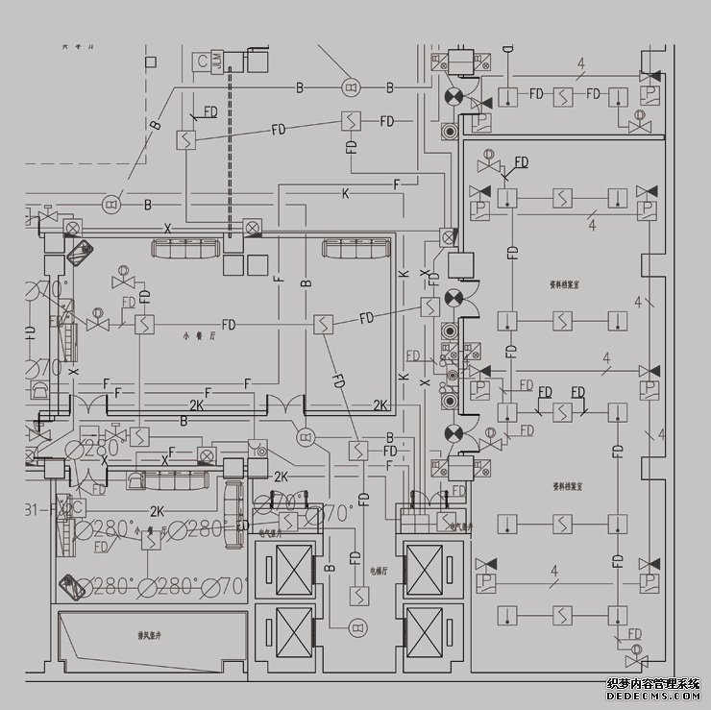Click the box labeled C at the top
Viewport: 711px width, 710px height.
(202, 61)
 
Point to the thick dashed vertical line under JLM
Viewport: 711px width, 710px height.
(229, 154)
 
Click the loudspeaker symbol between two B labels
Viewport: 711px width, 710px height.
(349, 88)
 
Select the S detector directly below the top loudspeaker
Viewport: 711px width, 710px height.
(351, 120)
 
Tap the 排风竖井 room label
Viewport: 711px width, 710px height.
(147, 635)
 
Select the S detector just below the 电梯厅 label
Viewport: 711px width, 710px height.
(357, 596)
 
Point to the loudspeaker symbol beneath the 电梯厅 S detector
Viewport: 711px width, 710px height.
(357, 628)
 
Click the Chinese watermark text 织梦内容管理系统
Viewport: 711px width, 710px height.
(654, 683)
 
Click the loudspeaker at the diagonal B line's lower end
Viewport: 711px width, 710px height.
(110, 204)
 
